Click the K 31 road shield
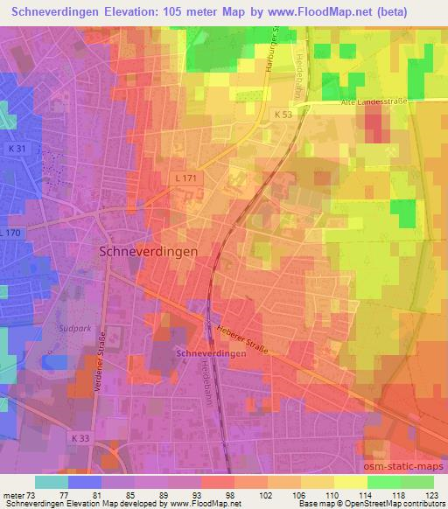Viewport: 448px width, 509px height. (x=17, y=150)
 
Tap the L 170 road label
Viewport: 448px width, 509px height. (x=10, y=233)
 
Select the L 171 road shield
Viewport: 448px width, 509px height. (x=180, y=178)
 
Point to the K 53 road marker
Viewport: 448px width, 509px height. (x=282, y=115)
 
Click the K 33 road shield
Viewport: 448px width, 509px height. (x=81, y=437)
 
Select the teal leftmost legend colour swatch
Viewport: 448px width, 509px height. (x=52, y=482)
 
